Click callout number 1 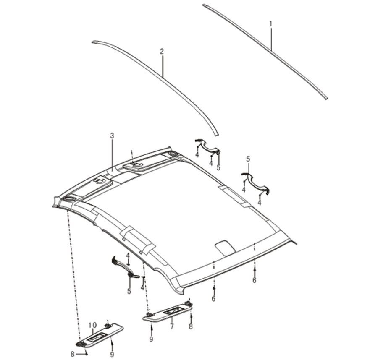tap(271, 24)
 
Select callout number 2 tap(162, 52)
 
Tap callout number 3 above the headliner tap(112, 136)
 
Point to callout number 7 tap(172, 327)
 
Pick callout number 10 tap(93, 325)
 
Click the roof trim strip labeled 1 tap(265, 51)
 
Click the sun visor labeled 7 tap(167, 312)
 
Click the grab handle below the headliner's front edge tap(125, 268)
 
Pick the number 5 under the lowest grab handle tap(129, 291)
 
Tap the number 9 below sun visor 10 tap(112, 354)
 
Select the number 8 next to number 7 tap(191, 326)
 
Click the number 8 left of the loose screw tap(72, 354)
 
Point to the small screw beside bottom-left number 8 tap(86, 354)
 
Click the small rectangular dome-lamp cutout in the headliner tap(225, 248)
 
